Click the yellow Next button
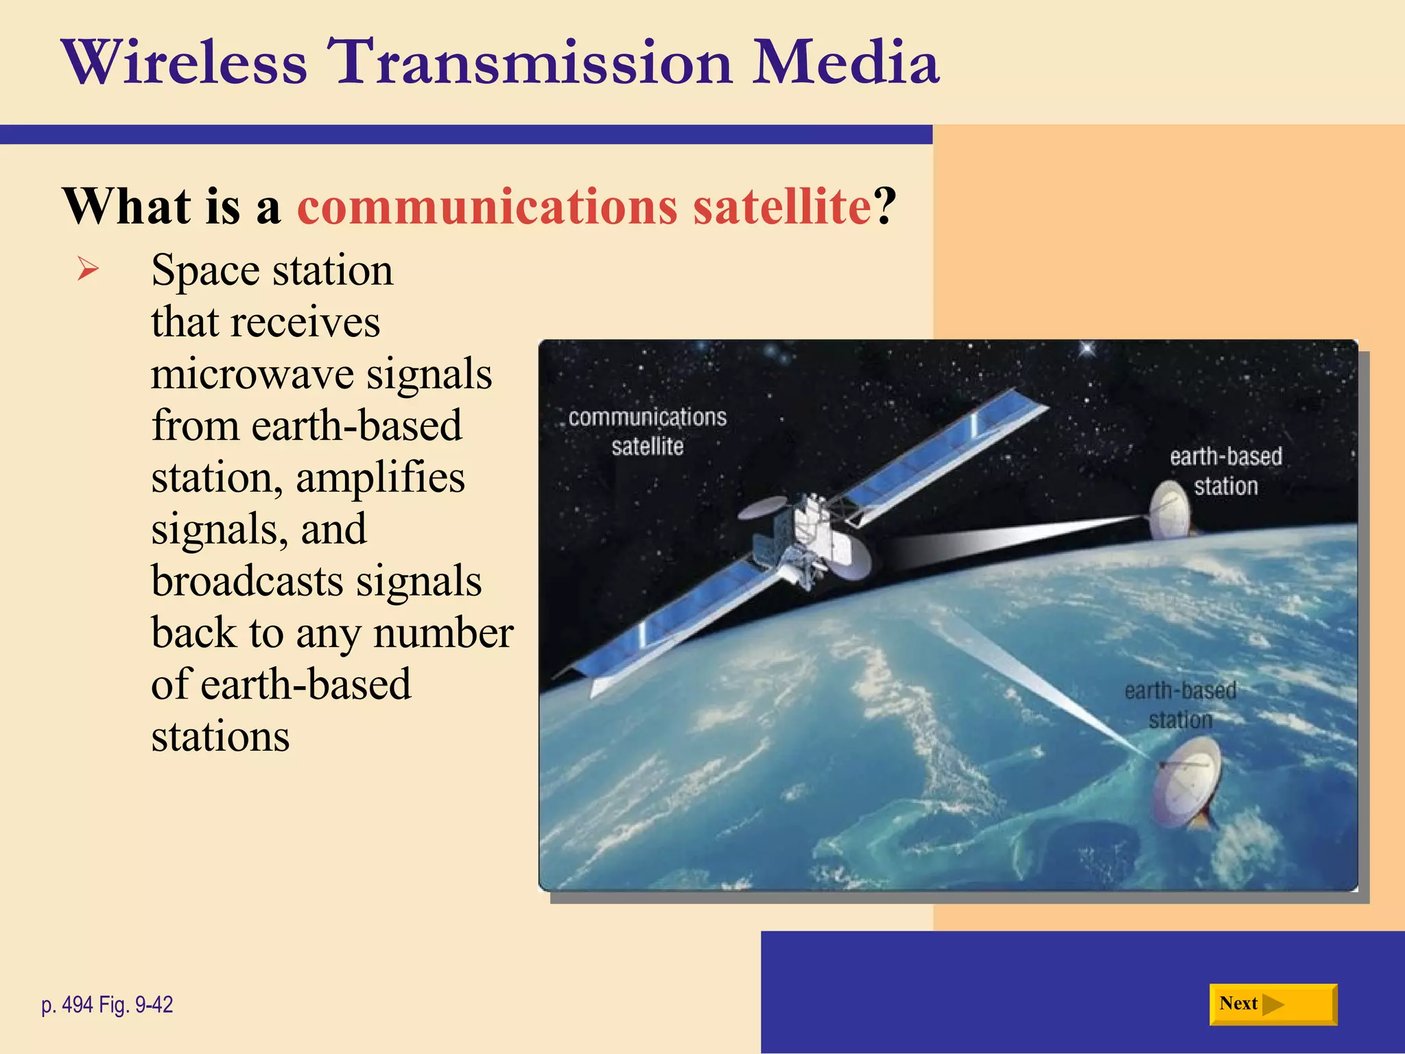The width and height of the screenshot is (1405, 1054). click(x=1273, y=1004)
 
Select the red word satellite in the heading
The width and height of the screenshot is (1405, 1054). click(x=781, y=206)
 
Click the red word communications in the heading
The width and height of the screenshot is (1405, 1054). click(x=487, y=206)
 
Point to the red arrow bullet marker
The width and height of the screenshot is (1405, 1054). click(x=88, y=268)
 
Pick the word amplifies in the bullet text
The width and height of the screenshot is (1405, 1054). click(x=380, y=478)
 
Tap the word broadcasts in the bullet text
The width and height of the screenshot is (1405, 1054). click(x=247, y=581)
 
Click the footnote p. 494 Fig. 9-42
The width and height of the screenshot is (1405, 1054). click(x=107, y=1005)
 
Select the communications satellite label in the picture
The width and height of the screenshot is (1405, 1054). click(x=647, y=432)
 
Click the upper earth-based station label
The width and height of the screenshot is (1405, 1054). click(x=1225, y=471)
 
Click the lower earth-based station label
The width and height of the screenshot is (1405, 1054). click(x=1180, y=705)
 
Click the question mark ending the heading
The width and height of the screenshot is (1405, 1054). click(x=885, y=206)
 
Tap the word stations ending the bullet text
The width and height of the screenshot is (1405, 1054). click(x=220, y=737)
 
